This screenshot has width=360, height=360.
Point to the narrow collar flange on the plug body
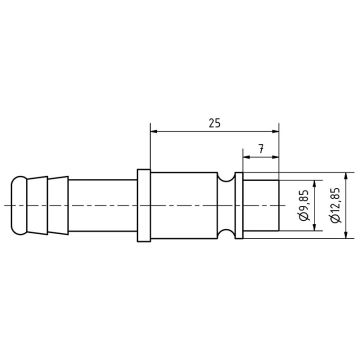[142, 205]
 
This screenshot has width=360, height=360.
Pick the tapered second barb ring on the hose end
[40, 204]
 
